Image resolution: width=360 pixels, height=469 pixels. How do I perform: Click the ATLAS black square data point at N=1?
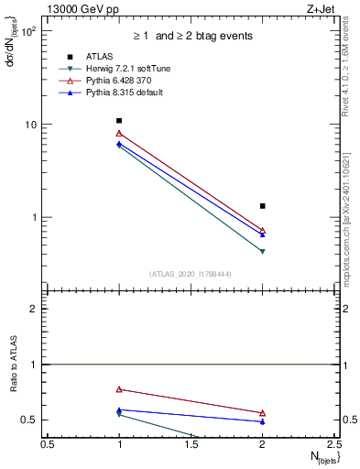[x=119, y=121]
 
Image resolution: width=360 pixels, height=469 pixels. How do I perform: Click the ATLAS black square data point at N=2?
[x=263, y=206]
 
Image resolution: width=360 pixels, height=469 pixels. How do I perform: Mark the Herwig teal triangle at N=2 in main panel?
[x=263, y=251]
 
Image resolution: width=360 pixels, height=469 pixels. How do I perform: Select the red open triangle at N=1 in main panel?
[x=119, y=134]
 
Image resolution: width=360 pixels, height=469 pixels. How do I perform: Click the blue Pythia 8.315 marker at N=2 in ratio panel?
[x=263, y=421]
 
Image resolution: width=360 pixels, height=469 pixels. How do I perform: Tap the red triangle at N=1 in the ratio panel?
[x=119, y=389]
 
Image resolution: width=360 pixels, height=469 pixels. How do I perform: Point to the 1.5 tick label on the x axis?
[x=191, y=444]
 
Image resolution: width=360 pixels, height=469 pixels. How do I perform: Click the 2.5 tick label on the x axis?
[x=334, y=444]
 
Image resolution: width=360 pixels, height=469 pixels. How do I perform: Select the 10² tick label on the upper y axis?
[x=27, y=31]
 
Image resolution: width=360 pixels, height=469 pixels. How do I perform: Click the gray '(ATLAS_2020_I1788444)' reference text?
[x=191, y=272]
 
